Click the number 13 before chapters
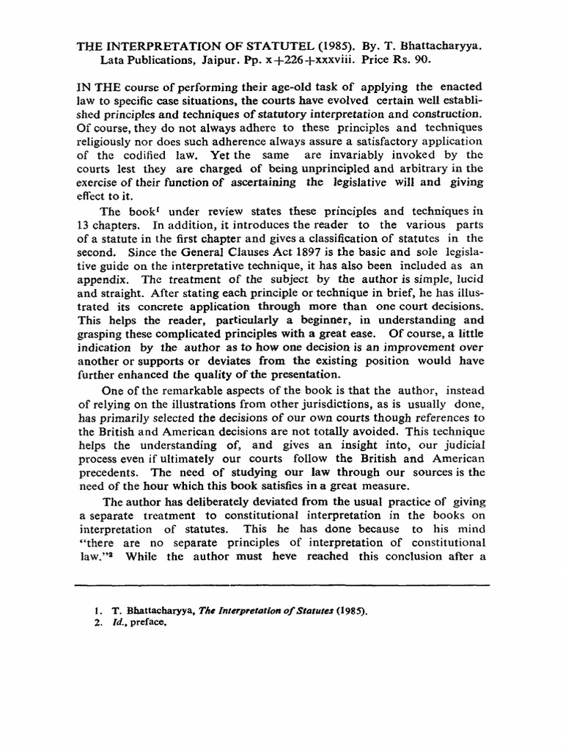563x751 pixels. (x=84, y=224)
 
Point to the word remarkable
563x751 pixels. (x=188, y=391)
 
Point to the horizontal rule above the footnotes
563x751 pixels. (x=281, y=585)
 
